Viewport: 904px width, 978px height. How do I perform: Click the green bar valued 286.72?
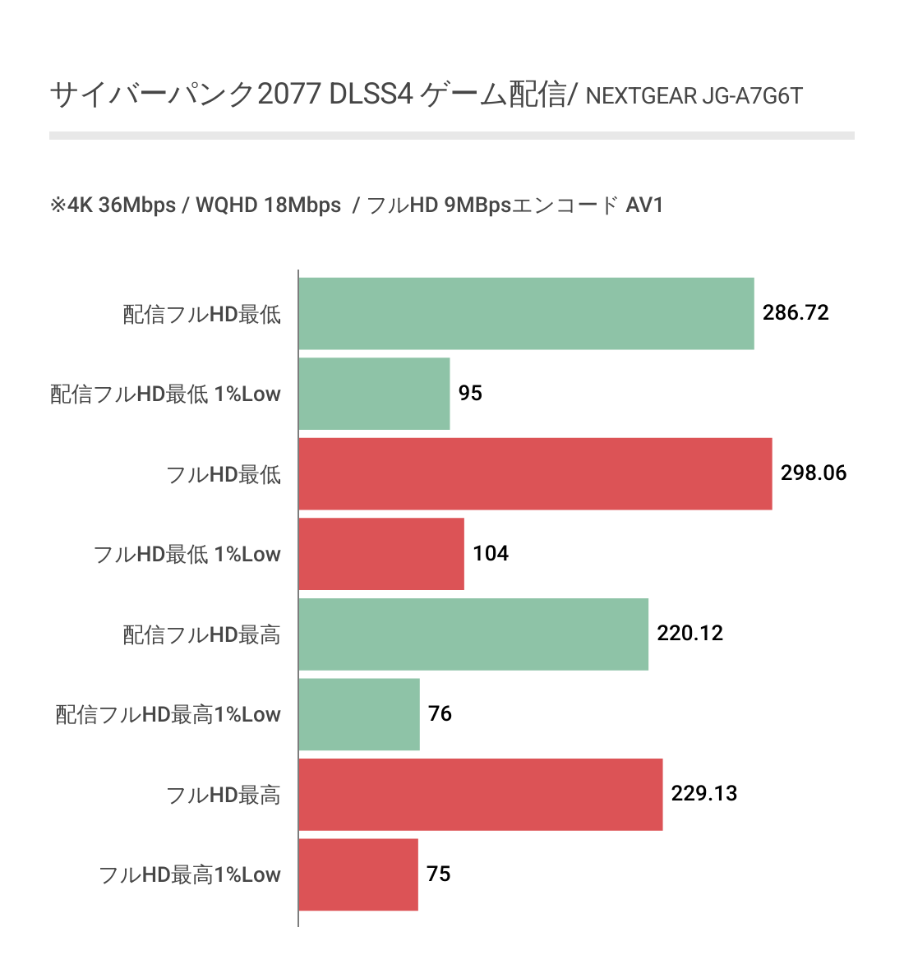[x=526, y=314]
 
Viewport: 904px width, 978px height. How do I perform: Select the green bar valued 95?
[x=374, y=394]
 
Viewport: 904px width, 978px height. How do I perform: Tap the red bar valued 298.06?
[x=535, y=473]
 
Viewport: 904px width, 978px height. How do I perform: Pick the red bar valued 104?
[x=381, y=554]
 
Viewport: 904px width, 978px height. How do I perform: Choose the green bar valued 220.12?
[x=473, y=634]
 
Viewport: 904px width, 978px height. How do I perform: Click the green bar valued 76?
[x=359, y=714]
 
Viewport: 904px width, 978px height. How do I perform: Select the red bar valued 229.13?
[x=480, y=794]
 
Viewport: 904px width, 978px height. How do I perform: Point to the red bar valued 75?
[x=358, y=874]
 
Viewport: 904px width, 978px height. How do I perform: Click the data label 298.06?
[x=813, y=473]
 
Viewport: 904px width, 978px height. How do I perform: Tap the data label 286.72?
[x=796, y=313]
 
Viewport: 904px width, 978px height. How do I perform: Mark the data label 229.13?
[x=703, y=794]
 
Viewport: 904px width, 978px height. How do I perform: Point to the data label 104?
[x=491, y=554]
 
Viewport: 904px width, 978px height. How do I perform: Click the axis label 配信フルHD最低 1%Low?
[x=166, y=394]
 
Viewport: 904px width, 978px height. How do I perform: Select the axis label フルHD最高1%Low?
[x=190, y=875]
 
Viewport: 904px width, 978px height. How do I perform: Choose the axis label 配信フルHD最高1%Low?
[x=168, y=715]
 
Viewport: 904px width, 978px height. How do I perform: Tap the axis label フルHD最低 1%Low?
[x=187, y=555]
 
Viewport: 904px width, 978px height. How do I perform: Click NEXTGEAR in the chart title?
[x=641, y=97]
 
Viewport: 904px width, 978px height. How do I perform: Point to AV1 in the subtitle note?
[x=644, y=205]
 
